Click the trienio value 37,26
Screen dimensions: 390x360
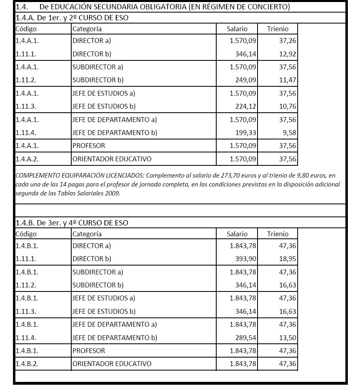288,41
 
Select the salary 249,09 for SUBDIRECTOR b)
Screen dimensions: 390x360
246,80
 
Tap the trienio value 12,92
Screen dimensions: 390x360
288,54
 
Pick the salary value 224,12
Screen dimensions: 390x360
246,106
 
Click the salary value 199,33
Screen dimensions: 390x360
246,133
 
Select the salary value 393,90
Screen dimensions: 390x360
246,259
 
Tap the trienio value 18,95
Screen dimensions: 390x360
288,259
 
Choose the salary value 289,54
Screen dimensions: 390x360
246,337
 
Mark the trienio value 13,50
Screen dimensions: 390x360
288,337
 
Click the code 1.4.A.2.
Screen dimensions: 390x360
27,159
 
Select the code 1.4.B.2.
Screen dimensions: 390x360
27,364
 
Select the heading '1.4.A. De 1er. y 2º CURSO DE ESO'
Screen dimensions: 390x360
72,18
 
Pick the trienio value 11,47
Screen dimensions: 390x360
288,80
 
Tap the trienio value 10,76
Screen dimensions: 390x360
288,106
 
